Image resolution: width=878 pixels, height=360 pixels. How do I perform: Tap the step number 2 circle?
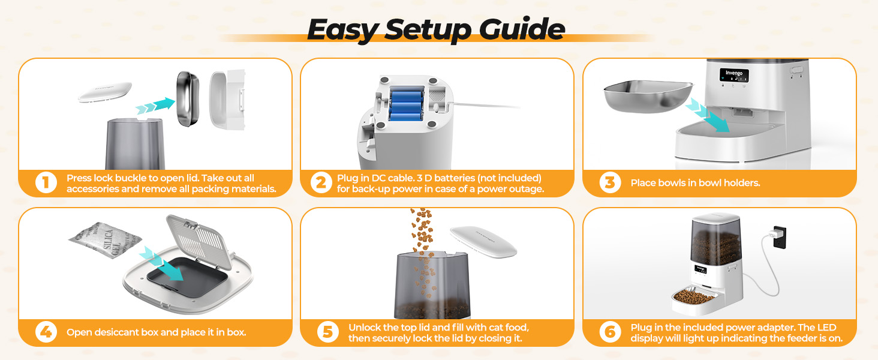pyautogui.click(x=321, y=182)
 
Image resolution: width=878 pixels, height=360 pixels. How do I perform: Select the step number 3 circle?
pyautogui.click(x=610, y=182)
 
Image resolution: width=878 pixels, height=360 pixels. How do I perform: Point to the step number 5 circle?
pyautogui.click(x=327, y=332)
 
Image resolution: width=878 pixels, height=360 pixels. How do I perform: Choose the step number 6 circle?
pyautogui.click(x=610, y=332)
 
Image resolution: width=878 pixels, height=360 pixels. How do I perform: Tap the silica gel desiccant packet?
pyautogui.click(x=104, y=241)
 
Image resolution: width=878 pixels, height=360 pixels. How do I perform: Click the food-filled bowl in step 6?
pyautogui.click(x=695, y=297)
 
